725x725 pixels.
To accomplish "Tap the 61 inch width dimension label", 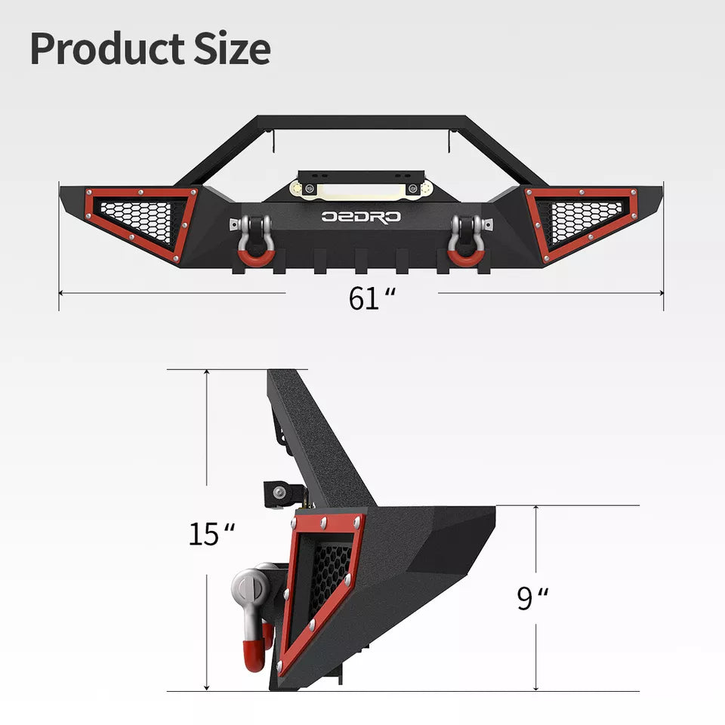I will [372, 298].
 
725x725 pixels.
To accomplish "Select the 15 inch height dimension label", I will [211, 534].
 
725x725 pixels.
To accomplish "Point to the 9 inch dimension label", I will [532, 598].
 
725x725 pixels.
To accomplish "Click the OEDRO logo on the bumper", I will [361, 217].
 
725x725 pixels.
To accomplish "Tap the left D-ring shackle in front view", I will [256, 239].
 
